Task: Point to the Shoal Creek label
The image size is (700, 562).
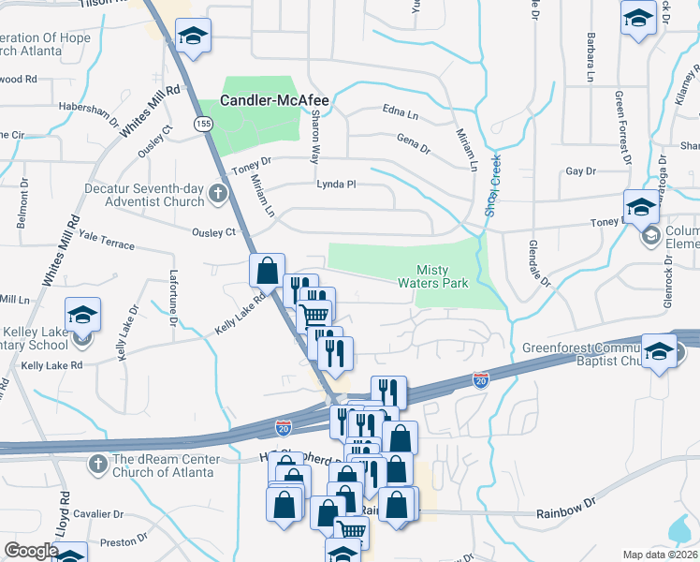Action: point(491,185)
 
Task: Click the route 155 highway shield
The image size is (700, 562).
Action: point(202,123)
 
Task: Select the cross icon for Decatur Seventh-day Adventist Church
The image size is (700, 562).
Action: point(218,194)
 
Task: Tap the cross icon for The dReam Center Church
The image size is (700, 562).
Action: point(98,464)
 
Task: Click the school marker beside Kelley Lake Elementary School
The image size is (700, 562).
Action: point(83,315)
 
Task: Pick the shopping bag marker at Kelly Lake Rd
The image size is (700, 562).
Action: point(267,270)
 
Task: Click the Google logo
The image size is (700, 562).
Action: point(31,551)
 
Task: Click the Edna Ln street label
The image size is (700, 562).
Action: point(400,112)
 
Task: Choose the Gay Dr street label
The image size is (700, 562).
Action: point(580,171)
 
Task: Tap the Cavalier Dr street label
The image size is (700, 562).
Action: point(99,514)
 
